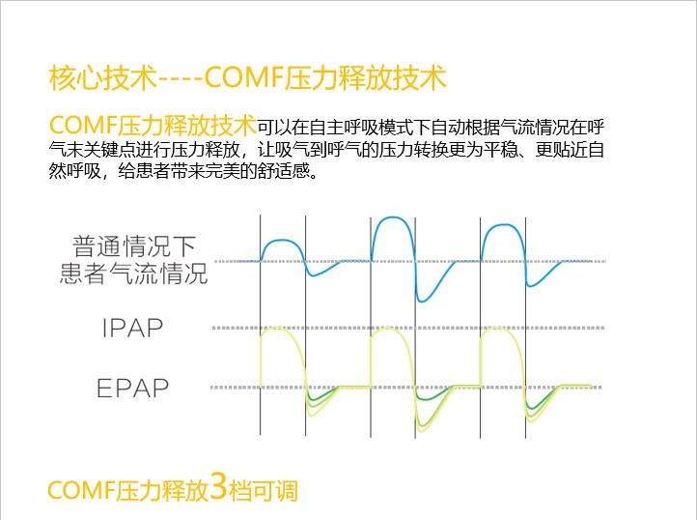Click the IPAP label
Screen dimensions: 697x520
tap(132, 328)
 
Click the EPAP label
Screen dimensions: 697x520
tap(132, 388)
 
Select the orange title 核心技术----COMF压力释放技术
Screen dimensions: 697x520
tap(247, 78)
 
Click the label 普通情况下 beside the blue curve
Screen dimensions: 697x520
tap(134, 246)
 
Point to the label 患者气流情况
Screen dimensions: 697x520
tap(134, 273)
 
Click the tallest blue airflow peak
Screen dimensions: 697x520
tap(393, 217)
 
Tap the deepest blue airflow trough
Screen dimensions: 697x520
tap(422, 301)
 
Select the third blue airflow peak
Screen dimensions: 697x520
tap(503, 225)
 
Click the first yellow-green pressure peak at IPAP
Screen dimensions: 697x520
tap(276, 328)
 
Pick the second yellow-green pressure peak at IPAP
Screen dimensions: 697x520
tap(388, 328)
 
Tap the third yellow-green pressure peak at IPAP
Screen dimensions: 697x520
tap(498, 328)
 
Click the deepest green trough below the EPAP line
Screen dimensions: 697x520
tap(422, 431)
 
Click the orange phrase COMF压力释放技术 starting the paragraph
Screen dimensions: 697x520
tap(153, 125)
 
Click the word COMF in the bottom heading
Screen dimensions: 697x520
tap(82, 490)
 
